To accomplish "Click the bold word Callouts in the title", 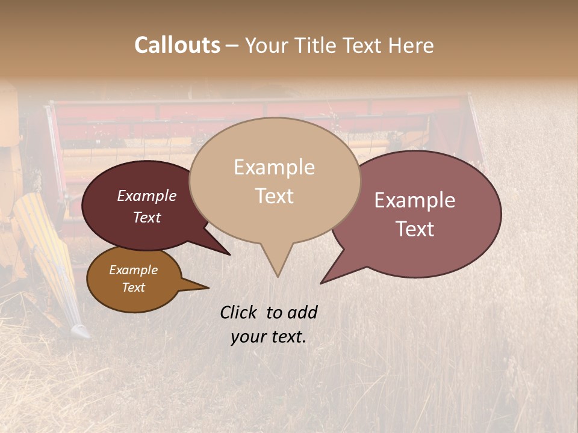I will click(x=177, y=45).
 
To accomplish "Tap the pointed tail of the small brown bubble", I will click(x=202, y=287).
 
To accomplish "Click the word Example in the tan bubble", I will click(x=274, y=167).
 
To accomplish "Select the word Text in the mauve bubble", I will click(x=415, y=229).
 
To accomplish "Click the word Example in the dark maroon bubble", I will click(x=146, y=196).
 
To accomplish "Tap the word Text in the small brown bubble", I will click(x=133, y=287).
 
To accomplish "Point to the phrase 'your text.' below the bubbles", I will click(x=269, y=337).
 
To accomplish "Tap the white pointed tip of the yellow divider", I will click(x=81, y=331).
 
